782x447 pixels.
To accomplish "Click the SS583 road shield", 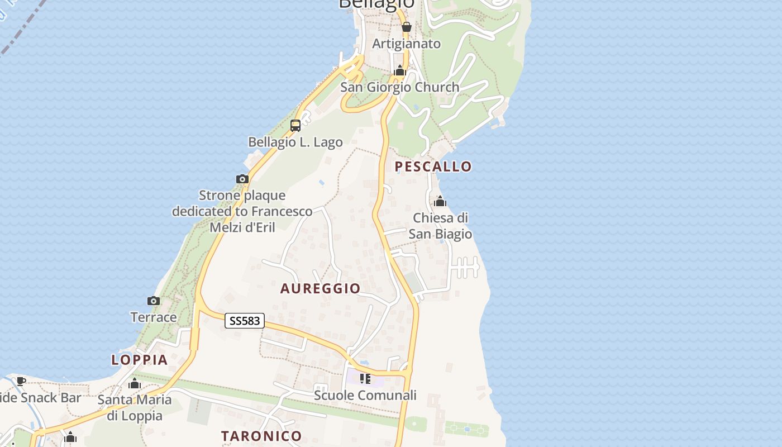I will tap(245, 321).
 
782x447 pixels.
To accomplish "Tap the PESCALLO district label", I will tap(433, 167).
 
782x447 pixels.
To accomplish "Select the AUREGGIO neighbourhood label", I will tap(320, 288).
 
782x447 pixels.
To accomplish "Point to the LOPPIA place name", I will tap(140, 360).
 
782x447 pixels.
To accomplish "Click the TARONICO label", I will tap(261, 436).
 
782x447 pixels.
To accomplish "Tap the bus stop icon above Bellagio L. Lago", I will tap(295, 126).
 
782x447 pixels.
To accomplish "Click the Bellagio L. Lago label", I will tap(295, 142).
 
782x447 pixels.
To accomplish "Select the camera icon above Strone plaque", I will tap(242, 179).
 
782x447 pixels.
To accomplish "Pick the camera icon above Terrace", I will tap(154, 301).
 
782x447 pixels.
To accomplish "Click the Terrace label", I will tap(154, 317).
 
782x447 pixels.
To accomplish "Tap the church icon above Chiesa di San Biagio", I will tap(440, 201).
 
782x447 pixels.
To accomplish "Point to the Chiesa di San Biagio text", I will tap(440, 226).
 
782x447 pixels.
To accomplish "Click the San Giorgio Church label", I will tap(400, 87).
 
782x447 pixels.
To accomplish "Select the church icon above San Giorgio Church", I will tap(400, 71).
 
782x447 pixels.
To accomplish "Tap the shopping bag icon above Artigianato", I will tap(407, 27).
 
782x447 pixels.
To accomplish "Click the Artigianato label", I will tap(407, 44).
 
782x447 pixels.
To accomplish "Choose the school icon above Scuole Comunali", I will tap(365, 379).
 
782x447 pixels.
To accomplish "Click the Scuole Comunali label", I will tap(365, 396).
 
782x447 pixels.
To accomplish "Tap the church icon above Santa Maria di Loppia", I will tap(135, 384).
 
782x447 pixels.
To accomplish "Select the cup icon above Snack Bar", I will tap(21, 381).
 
